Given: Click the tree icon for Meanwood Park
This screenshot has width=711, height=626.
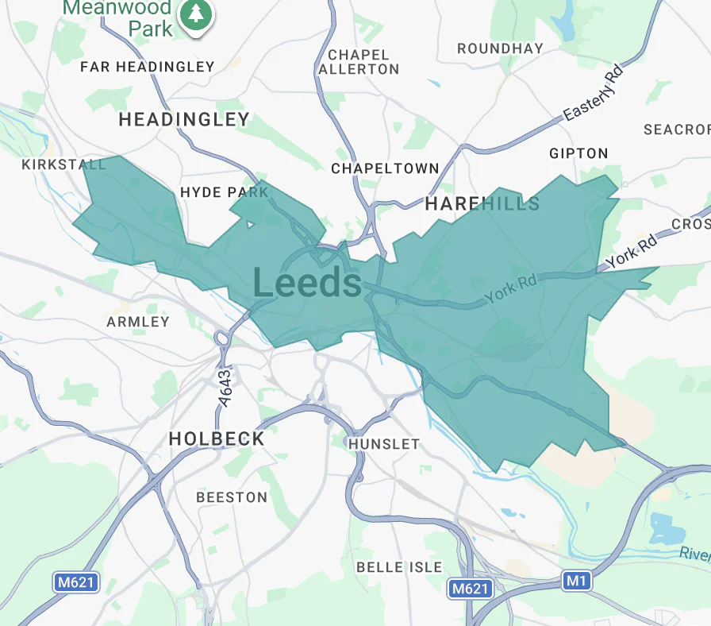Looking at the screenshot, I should (195, 14).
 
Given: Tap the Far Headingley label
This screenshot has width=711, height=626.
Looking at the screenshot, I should (148, 67).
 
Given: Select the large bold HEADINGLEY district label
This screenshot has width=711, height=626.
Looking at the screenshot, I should (184, 120).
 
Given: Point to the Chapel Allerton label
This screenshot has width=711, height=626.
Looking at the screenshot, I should (359, 62).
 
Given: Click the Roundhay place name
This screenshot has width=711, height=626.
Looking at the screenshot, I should (500, 48).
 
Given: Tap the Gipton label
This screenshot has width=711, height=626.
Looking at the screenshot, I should (578, 153).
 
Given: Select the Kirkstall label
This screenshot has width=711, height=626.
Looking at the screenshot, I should (64, 164).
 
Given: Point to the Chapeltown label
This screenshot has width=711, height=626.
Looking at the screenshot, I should (385, 168).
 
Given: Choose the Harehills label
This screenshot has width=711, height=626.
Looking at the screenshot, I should (482, 204).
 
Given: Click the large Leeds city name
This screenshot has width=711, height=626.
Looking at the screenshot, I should (307, 284).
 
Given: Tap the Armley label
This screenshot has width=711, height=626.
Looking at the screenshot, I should (138, 322).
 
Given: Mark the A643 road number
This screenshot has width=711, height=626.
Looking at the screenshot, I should (225, 389).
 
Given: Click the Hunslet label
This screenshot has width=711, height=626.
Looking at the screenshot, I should (384, 444).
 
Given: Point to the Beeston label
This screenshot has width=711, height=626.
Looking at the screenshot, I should (232, 497).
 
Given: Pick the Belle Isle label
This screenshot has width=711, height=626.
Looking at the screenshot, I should (399, 567).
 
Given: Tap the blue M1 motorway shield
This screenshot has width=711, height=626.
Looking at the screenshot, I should (577, 582).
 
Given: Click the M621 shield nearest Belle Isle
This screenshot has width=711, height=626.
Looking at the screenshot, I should (470, 589).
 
